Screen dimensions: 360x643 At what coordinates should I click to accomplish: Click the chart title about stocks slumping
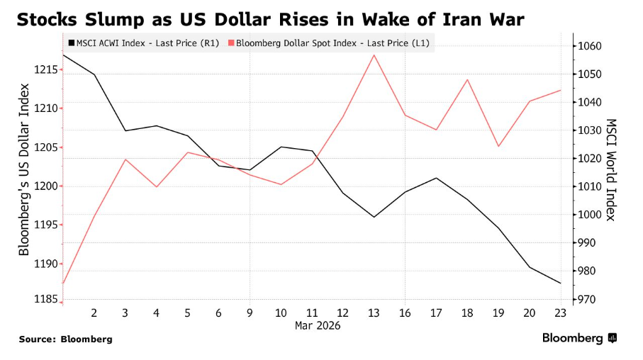tap(270, 19)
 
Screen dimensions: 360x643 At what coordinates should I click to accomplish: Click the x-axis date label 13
tap(374, 313)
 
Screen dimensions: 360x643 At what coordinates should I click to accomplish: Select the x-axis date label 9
tap(250, 313)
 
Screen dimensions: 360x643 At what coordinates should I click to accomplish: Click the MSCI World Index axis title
tap(612, 169)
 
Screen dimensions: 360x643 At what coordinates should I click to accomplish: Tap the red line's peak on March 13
tap(374, 55)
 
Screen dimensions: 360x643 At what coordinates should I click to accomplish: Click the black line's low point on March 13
tap(374, 217)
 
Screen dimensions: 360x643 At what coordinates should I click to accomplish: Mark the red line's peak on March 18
tap(467, 79)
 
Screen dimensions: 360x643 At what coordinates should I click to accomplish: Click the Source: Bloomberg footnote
tap(65, 339)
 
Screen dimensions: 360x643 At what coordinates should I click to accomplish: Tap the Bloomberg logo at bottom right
tap(579, 338)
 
